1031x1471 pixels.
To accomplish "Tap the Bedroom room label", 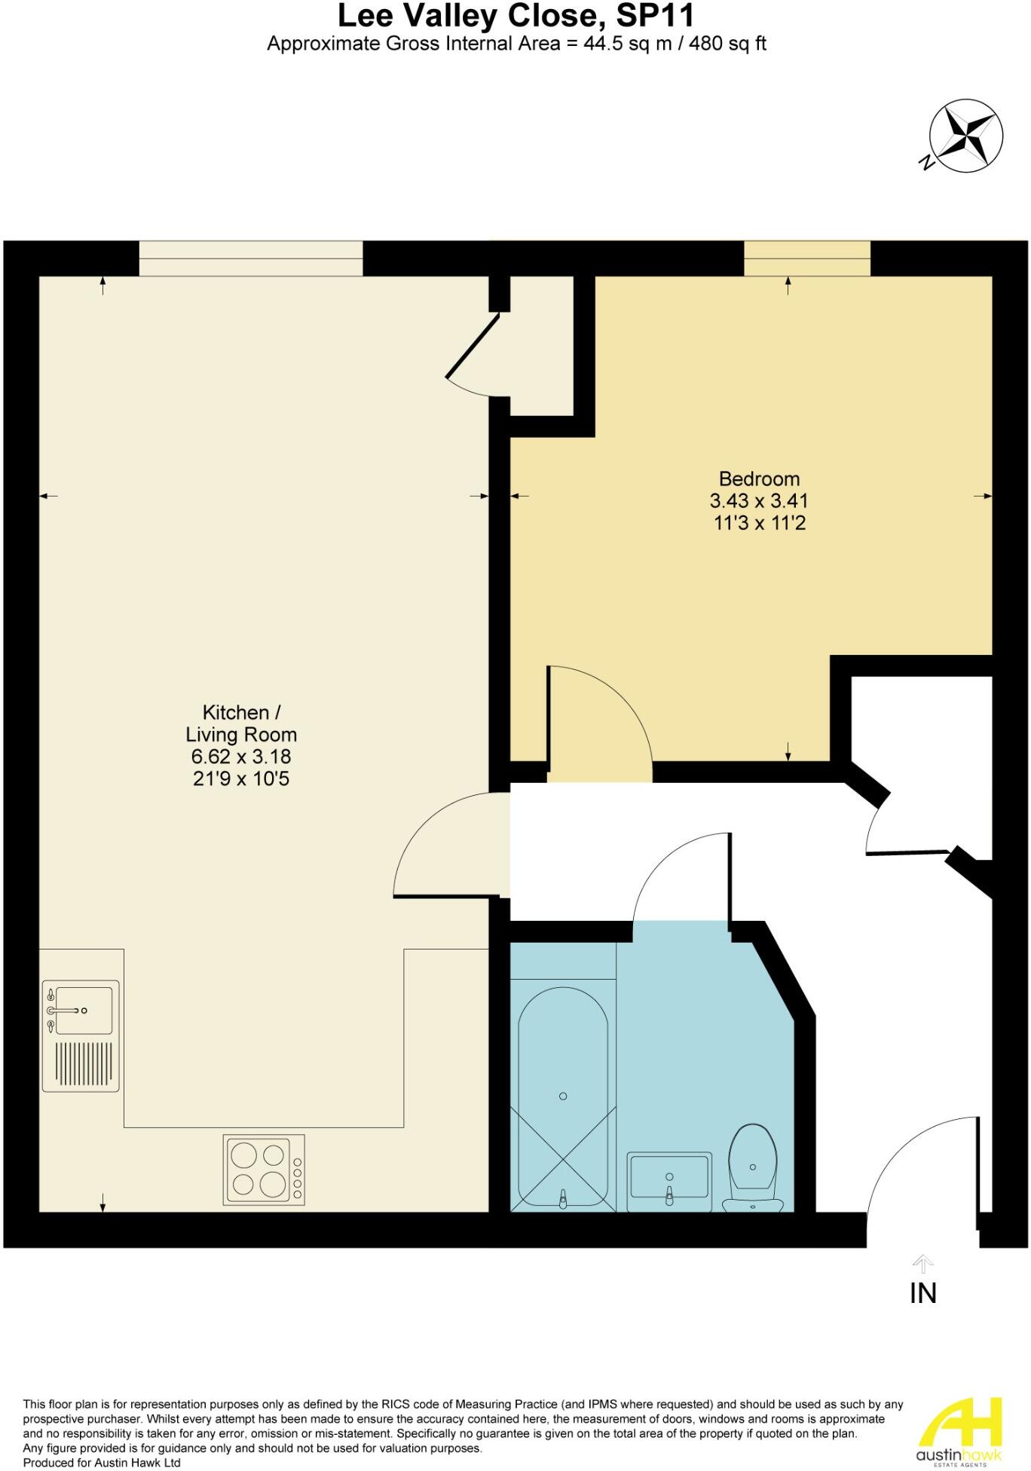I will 759,479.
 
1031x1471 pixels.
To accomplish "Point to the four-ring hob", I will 264,1169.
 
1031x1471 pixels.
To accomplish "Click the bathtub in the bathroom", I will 563,1096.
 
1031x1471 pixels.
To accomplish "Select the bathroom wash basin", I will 669,1179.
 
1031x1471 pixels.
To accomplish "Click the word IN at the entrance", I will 922,1293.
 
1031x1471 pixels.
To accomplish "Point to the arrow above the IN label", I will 922,1263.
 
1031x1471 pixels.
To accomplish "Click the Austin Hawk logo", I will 959,1432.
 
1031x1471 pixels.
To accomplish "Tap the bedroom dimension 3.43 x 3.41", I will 759,501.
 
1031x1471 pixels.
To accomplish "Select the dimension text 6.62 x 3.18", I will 241,757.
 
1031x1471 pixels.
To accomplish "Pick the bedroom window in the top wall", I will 807,258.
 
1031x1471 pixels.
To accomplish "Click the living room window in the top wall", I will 250,258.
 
